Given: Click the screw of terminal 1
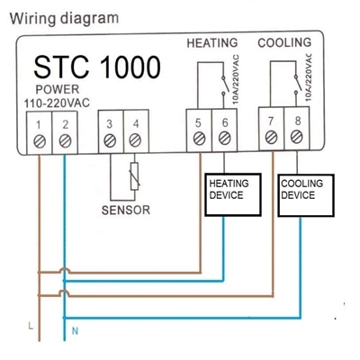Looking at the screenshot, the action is pyautogui.click(x=40, y=141).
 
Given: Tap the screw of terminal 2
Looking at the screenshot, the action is pyautogui.click(x=65, y=141).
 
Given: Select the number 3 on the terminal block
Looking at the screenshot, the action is pyautogui.click(x=110, y=124).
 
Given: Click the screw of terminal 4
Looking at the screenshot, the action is pyautogui.click(x=135, y=140).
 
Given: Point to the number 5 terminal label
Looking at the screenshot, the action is pyautogui.click(x=198, y=123).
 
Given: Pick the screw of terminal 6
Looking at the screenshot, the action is pyautogui.click(x=224, y=139).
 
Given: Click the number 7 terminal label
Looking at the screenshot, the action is pyautogui.click(x=271, y=121).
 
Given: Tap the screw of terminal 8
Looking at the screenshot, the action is pyautogui.click(x=297, y=137).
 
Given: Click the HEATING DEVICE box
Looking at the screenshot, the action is pyautogui.click(x=233, y=194).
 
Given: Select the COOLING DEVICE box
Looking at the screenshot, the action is pyautogui.click(x=306, y=195).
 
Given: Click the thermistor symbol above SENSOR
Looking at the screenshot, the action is pyautogui.click(x=135, y=176).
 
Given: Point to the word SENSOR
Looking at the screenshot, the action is pyautogui.click(x=126, y=210).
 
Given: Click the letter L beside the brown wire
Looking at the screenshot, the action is pyautogui.click(x=31, y=326).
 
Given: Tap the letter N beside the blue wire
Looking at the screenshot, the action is pyautogui.click(x=75, y=331).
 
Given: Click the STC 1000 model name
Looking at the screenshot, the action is pyautogui.click(x=97, y=67).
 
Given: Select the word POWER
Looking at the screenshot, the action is pyautogui.click(x=58, y=89).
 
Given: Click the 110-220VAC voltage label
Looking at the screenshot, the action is pyautogui.click(x=57, y=103).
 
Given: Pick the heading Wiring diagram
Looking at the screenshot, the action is pyautogui.click(x=64, y=19).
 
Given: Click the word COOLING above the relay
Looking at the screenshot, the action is pyautogui.click(x=284, y=42).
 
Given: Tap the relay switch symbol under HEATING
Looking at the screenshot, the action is pyautogui.click(x=223, y=85).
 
